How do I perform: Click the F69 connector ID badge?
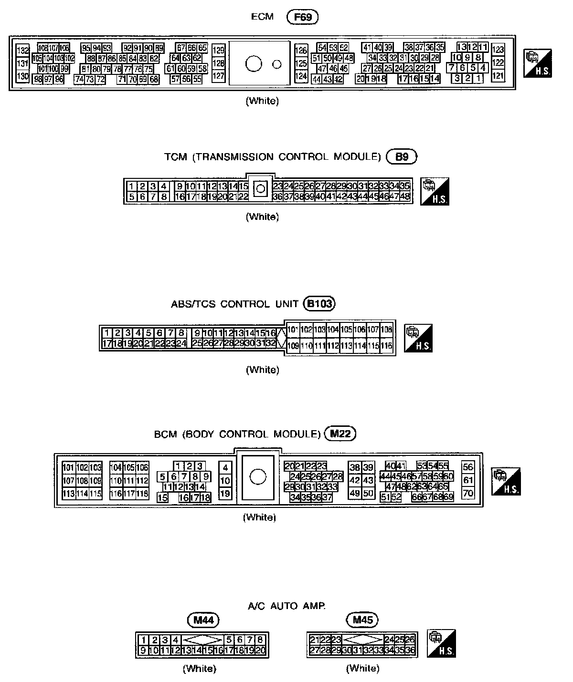tap(302, 17)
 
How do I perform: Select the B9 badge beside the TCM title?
tap(402, 157)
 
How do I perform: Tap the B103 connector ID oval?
tap(319, 304)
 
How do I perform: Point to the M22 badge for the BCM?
tap(340, 434)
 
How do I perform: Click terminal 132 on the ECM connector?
tap(23, 51)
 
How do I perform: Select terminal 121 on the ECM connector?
tap(498, 75)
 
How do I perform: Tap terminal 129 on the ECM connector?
tap(218, 51)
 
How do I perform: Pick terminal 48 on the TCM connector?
tap(405, 196)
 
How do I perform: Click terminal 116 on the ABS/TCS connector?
tap(386, 346)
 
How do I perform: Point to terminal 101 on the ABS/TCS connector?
tap(292, 330)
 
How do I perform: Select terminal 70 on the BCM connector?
tap(468, 494)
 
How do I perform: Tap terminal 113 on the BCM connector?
tap(68, 494)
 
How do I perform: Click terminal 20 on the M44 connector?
tap(260, 650)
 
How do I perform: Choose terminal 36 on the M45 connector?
tap(410, 650)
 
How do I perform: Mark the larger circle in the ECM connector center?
tap(254, 63)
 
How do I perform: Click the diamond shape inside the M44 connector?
tap(203, 640)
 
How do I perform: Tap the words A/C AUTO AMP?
tap(286, 606)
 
